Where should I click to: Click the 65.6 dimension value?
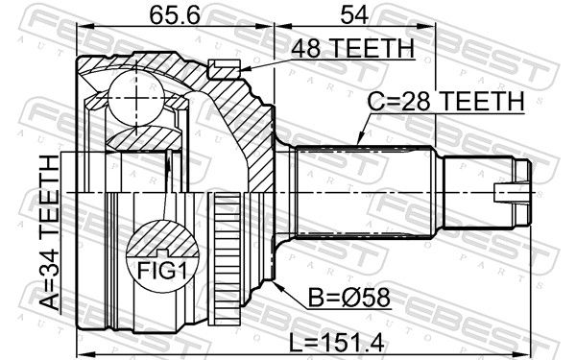(x=175, y=15)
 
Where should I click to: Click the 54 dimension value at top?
(x=354, y=15)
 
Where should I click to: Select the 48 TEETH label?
(x=352, y=49)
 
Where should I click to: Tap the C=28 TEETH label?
(x=446, y=101)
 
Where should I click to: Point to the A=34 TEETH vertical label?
(x=50, y=232)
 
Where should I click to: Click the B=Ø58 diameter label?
(x=349, y=298)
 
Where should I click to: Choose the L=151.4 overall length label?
(x=337, y=343)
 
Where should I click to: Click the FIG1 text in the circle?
(x=162, y=272)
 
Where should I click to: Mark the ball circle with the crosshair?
(x=136, y=98)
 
